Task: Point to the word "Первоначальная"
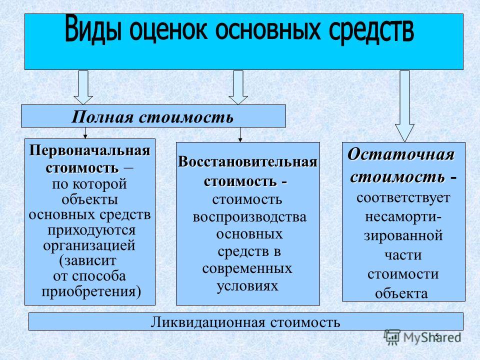[89, 150]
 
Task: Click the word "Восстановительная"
[247, 161]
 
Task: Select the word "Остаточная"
[400, 154]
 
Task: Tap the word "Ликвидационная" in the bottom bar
[207, 322]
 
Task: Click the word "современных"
[247, 268]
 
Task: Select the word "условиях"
[247, 286]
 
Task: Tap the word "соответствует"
[403, 198]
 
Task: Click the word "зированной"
[403, 236]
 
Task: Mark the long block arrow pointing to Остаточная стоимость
[404, 106]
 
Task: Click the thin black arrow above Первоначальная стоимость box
[85, 133]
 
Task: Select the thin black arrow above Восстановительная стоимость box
[240, 134]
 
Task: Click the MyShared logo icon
[392, 337]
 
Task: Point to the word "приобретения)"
[91, 291]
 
